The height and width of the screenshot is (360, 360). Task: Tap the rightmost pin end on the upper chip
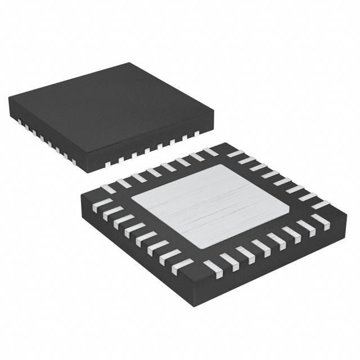click(196, 134)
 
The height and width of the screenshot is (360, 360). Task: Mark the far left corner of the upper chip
click(9, 97)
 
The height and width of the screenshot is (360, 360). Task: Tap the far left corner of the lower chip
click(81, 195)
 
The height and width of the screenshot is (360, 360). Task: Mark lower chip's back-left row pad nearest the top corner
click(210, 152)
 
